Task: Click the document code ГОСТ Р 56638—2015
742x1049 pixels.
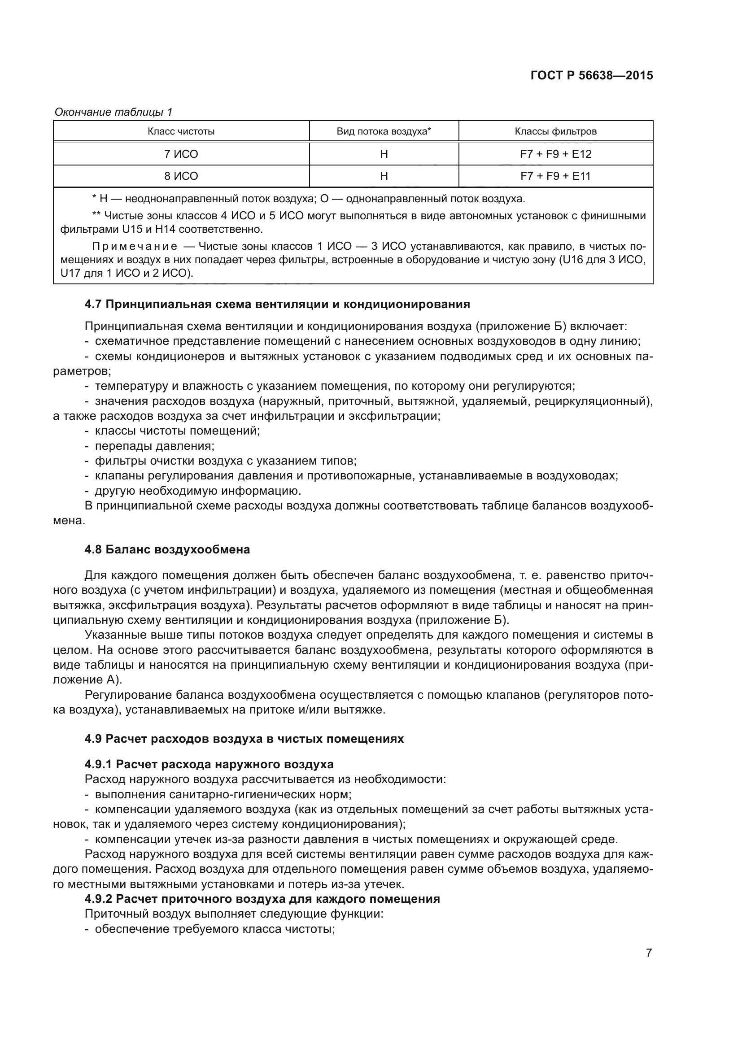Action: tap(592, 76)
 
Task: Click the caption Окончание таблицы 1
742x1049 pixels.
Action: tap(113, 112)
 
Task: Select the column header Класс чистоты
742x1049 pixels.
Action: tap(181, 131)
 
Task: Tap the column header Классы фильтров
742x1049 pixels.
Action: tap(555, 131)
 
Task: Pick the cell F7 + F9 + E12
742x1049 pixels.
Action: tap(555, 154)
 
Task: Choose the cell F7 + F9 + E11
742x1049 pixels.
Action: tap(555, 176)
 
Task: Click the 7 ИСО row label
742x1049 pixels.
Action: tap(181, 154)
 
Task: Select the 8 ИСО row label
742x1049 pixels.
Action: tap(181, 176)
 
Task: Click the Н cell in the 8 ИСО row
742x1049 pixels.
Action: tap(384, 176)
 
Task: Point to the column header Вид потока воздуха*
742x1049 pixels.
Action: tap(384, 131)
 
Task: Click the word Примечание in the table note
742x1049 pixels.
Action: tap(135, 247)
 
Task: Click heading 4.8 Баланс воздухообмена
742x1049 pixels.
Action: tap(167, 549)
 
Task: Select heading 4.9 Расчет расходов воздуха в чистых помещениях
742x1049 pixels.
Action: tap(244, 739)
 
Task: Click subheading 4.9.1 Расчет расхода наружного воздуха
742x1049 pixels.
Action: tap(209, 764)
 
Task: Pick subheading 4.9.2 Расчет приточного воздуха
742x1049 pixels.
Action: tap(262, 899)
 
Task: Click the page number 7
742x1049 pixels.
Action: tap(649, 953)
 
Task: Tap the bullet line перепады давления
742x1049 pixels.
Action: tap(154, 446)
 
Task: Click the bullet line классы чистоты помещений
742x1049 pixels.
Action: tap(177, 431)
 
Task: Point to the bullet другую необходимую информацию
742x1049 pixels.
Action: tap(198, 491)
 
